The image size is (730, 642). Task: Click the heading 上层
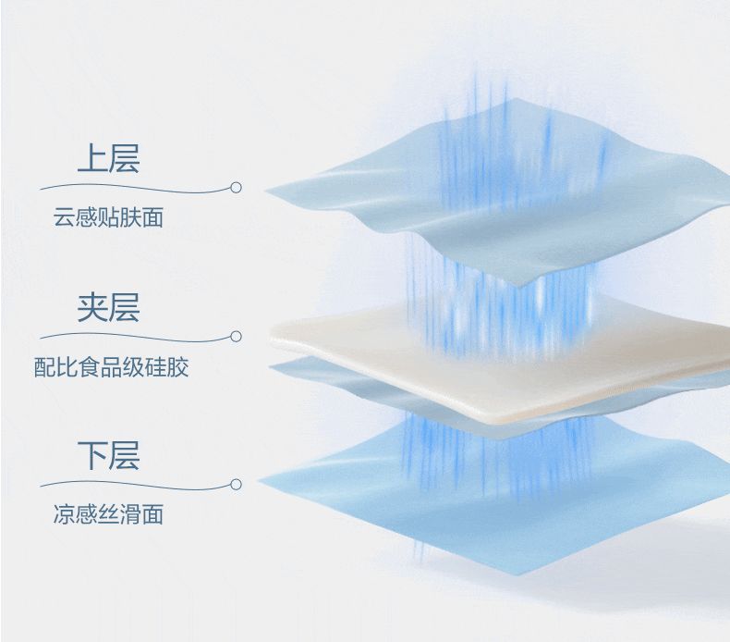108,158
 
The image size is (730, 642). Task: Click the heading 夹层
108,307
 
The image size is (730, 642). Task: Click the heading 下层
108,455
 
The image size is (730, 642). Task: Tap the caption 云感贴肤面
108,218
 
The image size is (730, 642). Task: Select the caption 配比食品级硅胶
111,367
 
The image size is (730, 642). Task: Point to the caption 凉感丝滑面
108,515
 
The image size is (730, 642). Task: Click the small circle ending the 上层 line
236,187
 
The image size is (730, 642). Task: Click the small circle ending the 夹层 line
236,336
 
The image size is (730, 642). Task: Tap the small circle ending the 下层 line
236,484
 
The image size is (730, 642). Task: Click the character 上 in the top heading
92,158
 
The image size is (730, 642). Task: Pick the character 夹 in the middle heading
92,307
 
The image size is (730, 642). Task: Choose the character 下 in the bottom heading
92,455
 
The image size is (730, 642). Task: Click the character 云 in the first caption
63,218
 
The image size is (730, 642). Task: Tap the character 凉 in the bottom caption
63,515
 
